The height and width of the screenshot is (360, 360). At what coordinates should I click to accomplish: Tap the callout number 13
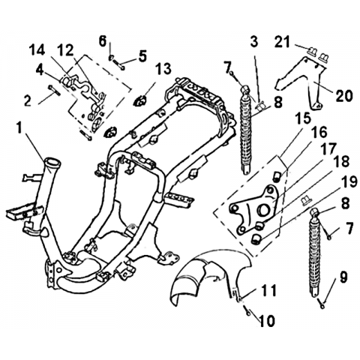tap(163, 69)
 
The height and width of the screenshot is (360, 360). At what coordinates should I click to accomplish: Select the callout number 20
tap(344, 96)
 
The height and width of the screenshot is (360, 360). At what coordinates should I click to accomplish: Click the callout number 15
tap(303, 118)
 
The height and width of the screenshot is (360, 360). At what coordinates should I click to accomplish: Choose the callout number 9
tap(343, 277)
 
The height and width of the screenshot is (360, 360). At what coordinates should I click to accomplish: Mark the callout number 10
tap(267, 320)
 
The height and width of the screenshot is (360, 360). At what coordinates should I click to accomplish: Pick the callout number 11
tap(268, 290)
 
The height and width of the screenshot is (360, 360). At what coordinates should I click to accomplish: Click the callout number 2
tap(28, 100)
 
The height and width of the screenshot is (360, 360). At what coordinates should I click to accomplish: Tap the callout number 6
tap(103, 41)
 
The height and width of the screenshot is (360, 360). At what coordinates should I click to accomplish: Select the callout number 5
tap(142, 56)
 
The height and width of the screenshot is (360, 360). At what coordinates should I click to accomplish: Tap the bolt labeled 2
tap(54, 90)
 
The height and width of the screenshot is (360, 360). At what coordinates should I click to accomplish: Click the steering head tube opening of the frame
tap(52, 160)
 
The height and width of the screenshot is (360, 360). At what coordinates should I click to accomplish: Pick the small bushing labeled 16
tap(277, 175)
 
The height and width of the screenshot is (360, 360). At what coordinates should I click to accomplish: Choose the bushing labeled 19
tap(256, 238)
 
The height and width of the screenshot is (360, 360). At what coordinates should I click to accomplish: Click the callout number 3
tap(253, 42)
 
